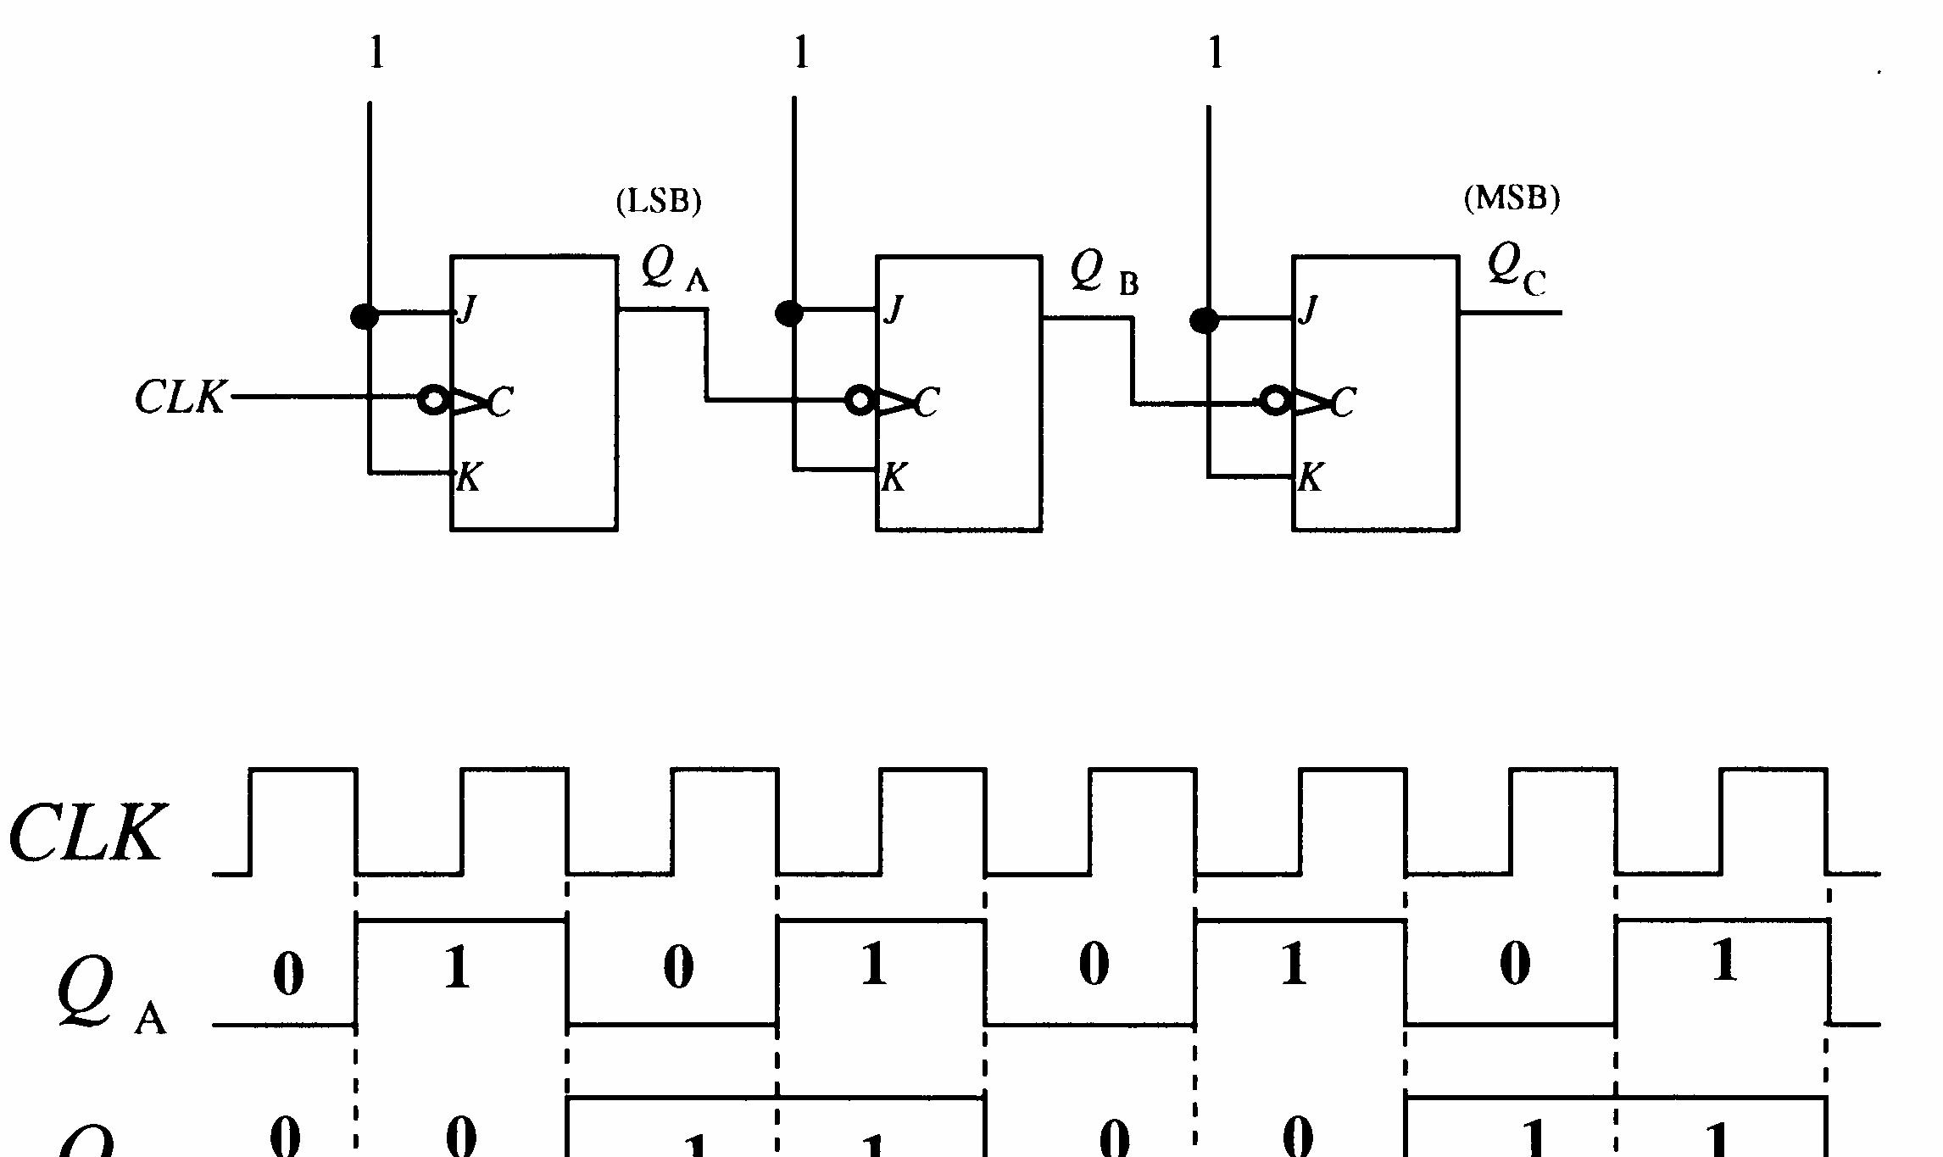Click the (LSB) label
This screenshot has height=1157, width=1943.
pos(659,202)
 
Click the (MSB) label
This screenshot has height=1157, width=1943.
pos(1512,198)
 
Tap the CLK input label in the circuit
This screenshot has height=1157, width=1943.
pos(181,398)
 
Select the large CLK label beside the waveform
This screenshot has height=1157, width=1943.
pos(86,834)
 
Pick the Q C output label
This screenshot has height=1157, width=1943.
pos(1516,270)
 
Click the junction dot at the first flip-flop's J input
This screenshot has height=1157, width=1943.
pos(365,317)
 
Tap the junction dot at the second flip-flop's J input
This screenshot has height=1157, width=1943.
pos(789,314)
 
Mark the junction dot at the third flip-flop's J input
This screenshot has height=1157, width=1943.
pos(1205,320)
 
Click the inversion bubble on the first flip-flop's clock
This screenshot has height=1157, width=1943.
pos(433,400)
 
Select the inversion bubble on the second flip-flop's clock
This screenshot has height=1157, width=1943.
pos(860,400)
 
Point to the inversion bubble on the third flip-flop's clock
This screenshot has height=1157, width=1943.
pos(1274,400)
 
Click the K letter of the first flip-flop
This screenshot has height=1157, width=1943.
pos(469,479)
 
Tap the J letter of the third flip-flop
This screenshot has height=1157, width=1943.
pos(1310,309)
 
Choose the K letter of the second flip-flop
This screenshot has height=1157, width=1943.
pos(894,479)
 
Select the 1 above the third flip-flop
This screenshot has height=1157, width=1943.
pos(1216,54)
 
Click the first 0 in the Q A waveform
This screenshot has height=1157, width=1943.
pos(288,974)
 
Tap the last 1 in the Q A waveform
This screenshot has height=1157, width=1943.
pos(1724,961)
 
